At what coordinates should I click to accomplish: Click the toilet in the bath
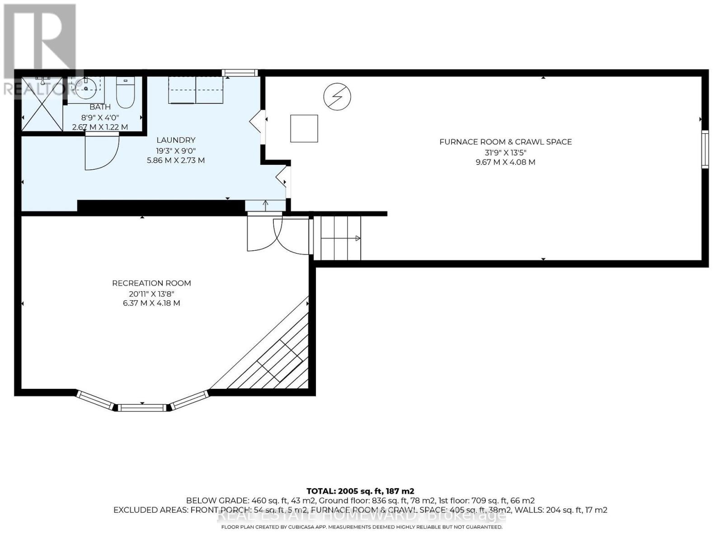[x=125, y=93]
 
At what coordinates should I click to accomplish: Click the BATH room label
[x=100, y=107]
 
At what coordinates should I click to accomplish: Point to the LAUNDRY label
[x=176, y=140]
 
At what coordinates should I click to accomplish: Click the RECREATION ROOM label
[x=151, y=283]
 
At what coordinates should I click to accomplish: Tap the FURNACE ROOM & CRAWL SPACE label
[x=506, y=142]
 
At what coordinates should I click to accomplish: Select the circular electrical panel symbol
[x=337, y=97]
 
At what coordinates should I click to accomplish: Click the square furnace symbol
[x=304, y=129]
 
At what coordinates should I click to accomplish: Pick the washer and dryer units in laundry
[x=196, y=90]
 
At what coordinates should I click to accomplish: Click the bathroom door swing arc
[x=102, y=152]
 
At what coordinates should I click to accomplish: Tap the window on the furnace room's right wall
[x=704, y=150]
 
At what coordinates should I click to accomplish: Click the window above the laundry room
[x=239, y=73]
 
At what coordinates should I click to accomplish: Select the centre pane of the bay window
[x=142, y=408]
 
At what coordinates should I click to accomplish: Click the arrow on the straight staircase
[x=357, y=238]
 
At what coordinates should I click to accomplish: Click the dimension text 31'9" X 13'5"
[x=505, y=152]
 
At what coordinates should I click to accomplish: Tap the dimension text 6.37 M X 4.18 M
[x=151, y=303]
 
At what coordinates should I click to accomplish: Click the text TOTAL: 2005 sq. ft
[x=360, y=491]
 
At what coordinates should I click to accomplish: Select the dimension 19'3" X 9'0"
[x=176, y=150]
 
